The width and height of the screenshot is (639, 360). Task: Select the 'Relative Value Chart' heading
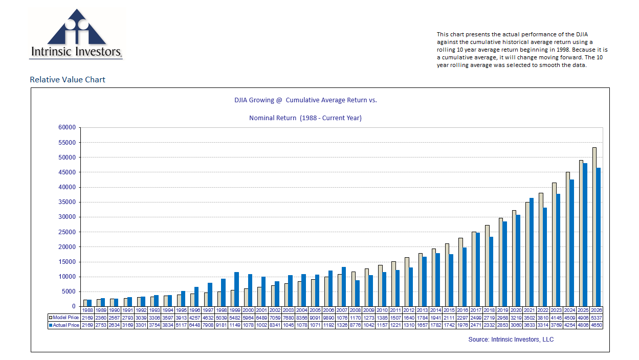click(68, 79)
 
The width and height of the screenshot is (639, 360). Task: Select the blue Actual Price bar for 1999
click(237, 289)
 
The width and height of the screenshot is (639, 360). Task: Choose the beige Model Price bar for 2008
click(353, 289)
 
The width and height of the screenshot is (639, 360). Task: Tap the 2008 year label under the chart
click(355, 310)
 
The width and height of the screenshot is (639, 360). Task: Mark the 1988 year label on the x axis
click(87, 310)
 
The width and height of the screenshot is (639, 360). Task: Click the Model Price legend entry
click(64, 318)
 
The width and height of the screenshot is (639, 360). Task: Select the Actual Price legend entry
click(64, 325)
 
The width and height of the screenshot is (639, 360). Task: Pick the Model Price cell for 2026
click(596, 318)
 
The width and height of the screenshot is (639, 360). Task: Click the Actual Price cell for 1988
click(87, 325)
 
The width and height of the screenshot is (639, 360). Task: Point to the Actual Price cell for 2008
click(355, 325)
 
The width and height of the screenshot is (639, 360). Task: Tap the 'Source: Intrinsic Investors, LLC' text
click(511, 340)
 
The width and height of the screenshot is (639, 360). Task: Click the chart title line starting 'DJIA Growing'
click(305, 100)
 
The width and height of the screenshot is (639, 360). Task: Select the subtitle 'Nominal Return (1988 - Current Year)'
click(305, 118)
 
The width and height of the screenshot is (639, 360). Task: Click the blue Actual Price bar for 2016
click(465, 277)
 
